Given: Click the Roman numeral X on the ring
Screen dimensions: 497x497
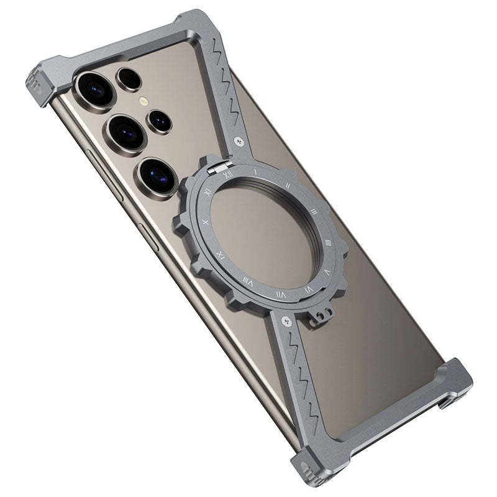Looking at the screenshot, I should point(206,221).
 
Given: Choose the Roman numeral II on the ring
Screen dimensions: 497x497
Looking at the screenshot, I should point(289,185).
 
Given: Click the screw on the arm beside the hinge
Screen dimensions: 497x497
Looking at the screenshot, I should point(240,142).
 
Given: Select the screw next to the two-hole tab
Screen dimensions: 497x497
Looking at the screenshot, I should point(286,321).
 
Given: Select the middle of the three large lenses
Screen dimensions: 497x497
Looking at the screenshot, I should point(126,132).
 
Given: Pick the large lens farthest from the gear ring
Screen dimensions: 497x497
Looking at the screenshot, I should point(95,89).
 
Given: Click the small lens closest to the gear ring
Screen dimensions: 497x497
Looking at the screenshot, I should point(160,121).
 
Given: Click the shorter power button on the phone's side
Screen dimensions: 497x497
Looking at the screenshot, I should point(149,237).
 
